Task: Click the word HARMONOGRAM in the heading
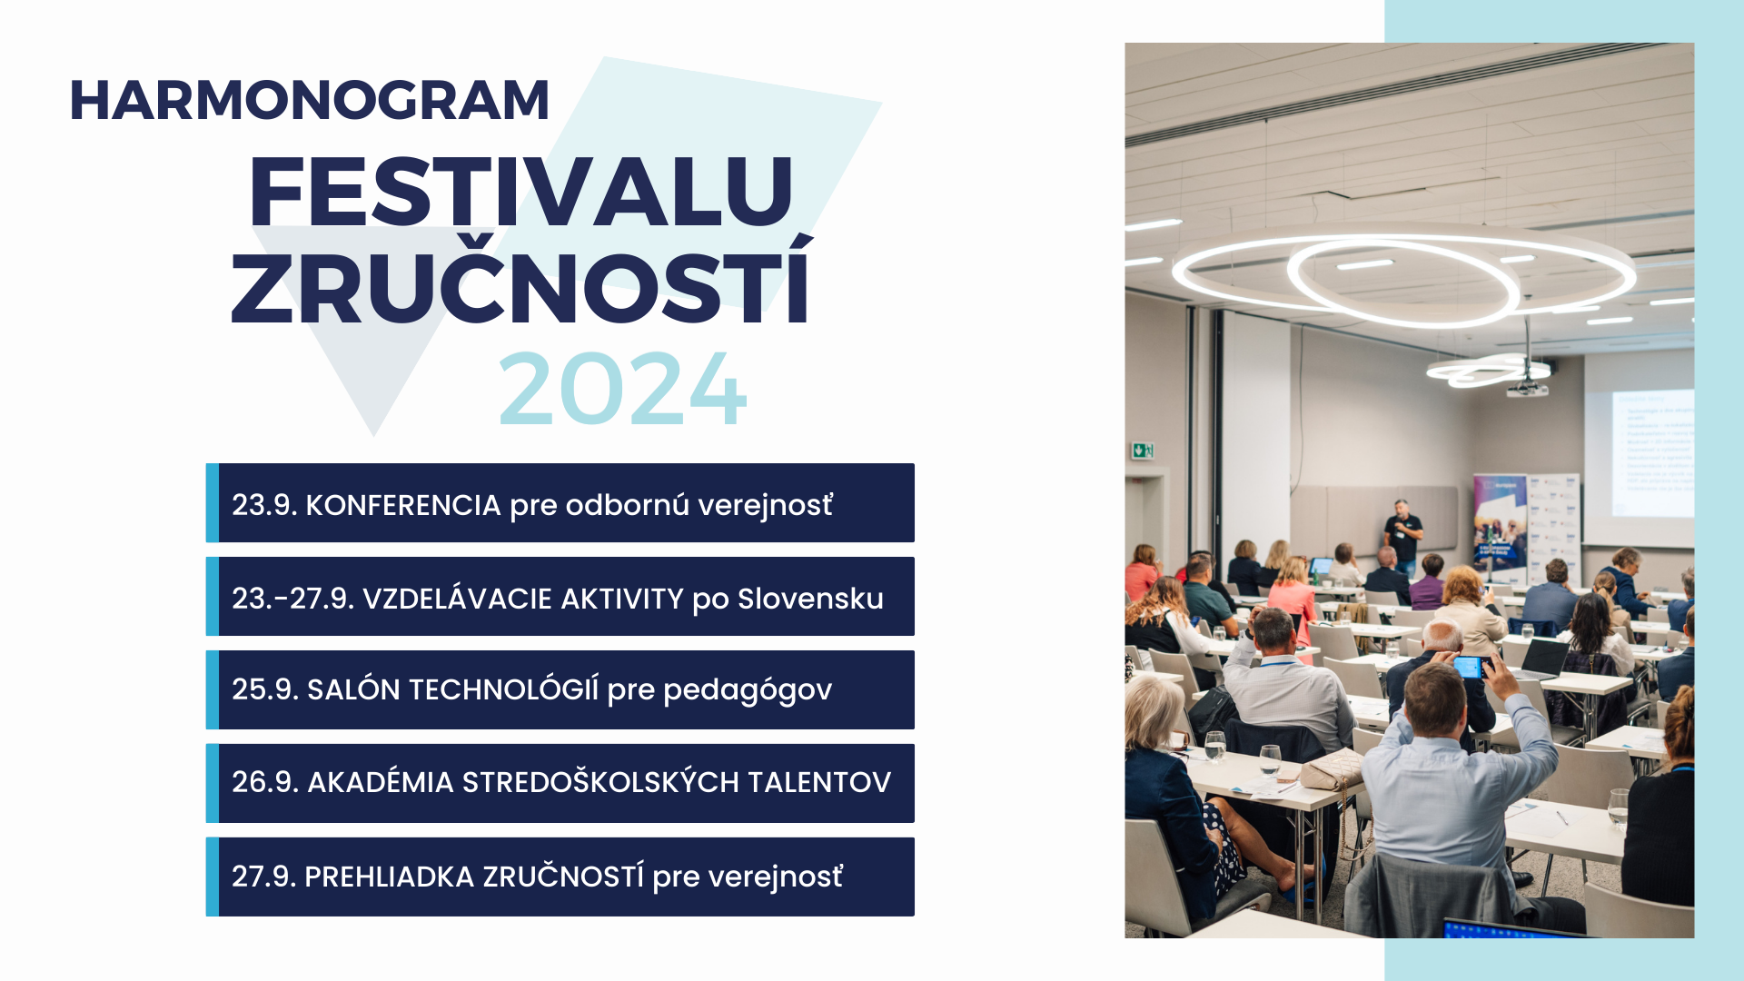tap(310, 100)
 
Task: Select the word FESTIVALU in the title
tap(521, 192)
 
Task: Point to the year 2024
tap(622, 390)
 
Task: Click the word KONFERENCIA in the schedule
tap(403, 505)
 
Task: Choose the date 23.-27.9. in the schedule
tap(292, 599)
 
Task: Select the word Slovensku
tap(810, 599)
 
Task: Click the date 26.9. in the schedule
tap(265, 782)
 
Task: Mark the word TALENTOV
tap(819, 782)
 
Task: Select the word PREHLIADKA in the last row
tap(389, 877)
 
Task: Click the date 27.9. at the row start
tap(264, 877)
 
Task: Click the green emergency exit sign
tap(1142, 450)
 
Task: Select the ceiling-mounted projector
tap(1528, 389)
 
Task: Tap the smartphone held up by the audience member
tap(1469, 668)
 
